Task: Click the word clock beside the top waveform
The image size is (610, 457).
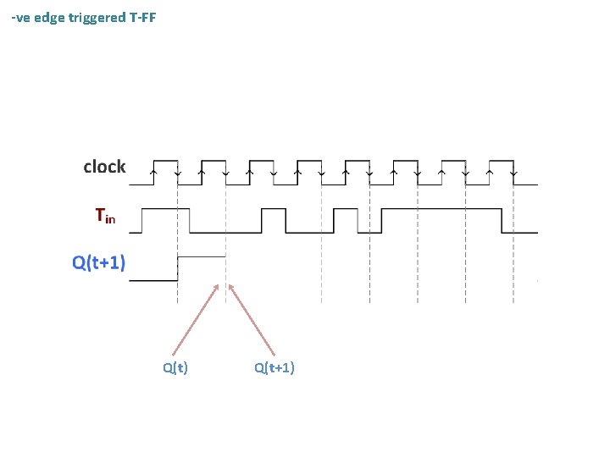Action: click(104, 168)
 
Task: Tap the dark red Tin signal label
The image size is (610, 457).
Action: click(105, 217)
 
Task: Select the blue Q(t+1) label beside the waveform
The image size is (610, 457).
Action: click(99, 262)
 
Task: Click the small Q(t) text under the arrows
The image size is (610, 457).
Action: click(175, 367)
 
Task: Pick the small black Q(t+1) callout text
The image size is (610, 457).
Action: click(274, 367)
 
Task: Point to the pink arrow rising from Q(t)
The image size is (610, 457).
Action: click(196, 318)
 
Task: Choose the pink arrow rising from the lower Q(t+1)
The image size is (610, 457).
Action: click(252, 318)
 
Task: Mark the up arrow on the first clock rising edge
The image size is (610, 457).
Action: click(152, 173)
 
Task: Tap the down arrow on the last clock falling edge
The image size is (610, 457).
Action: click(513, 173)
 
